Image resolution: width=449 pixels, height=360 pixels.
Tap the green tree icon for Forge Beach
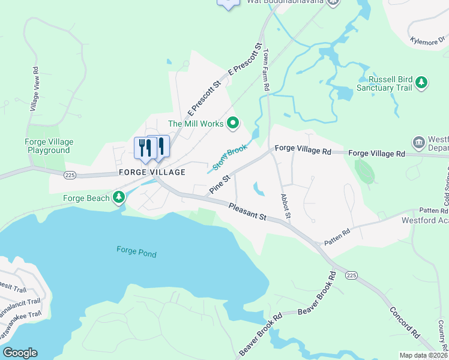pos(119,197)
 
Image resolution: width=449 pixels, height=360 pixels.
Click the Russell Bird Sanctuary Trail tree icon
pos(422,83)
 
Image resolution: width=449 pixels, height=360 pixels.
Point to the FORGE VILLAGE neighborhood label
pos(152,172)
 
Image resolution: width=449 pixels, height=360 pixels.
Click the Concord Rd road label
pos(403,322)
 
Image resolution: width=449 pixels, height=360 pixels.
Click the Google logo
pos(20,353)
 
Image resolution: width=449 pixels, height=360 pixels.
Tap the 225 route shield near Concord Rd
pos(352,274)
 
